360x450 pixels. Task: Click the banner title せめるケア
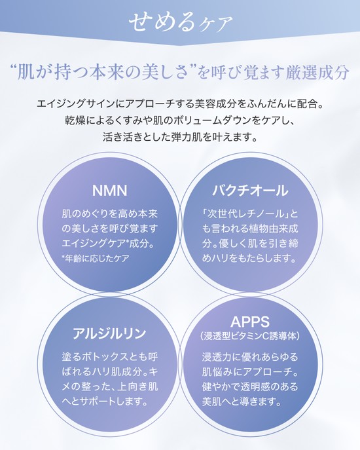(180, 22)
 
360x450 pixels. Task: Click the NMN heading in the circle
(109, 191)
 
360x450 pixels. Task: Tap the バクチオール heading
(250, 190)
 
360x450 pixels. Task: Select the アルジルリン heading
(109, 333)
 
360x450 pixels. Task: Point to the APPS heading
(250, 322)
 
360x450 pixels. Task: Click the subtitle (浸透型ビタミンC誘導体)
(250, 336)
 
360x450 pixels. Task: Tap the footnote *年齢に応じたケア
(95, 258)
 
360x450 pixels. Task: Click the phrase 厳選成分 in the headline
(317, 73)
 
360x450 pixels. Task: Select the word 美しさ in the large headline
(169, 73)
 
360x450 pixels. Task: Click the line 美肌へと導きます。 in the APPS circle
(242, 402)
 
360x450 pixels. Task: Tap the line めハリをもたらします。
(249, 258)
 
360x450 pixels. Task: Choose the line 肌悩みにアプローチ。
(250, 372)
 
